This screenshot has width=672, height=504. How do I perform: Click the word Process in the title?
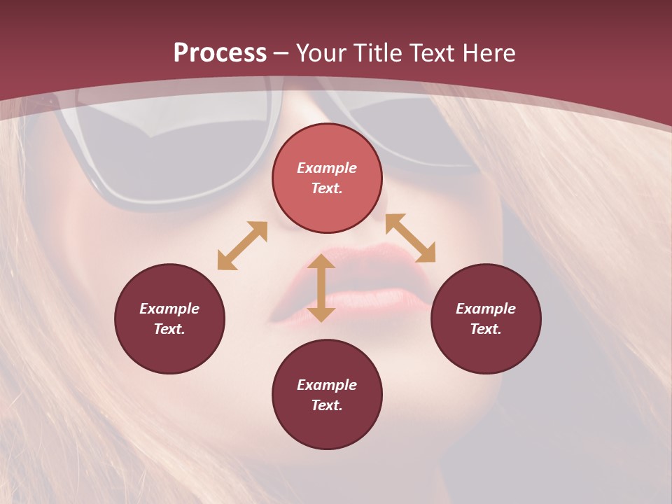(220, 53)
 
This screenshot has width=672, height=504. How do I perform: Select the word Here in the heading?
(488, 53)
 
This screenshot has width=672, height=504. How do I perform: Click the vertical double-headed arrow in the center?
(321, 288)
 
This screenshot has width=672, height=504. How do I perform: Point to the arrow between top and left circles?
(242, 246)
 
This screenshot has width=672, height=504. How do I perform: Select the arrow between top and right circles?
(410, 238)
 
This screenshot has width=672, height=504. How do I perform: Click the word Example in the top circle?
(327, 168)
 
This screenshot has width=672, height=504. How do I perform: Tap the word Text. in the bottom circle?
(327, 405)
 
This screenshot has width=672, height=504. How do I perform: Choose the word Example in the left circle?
(169, 309)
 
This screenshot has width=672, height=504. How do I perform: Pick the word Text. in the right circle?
(486, 329)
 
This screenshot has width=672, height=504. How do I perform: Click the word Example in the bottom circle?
(327, 385)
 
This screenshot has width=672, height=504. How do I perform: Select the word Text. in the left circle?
(169, 329)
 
